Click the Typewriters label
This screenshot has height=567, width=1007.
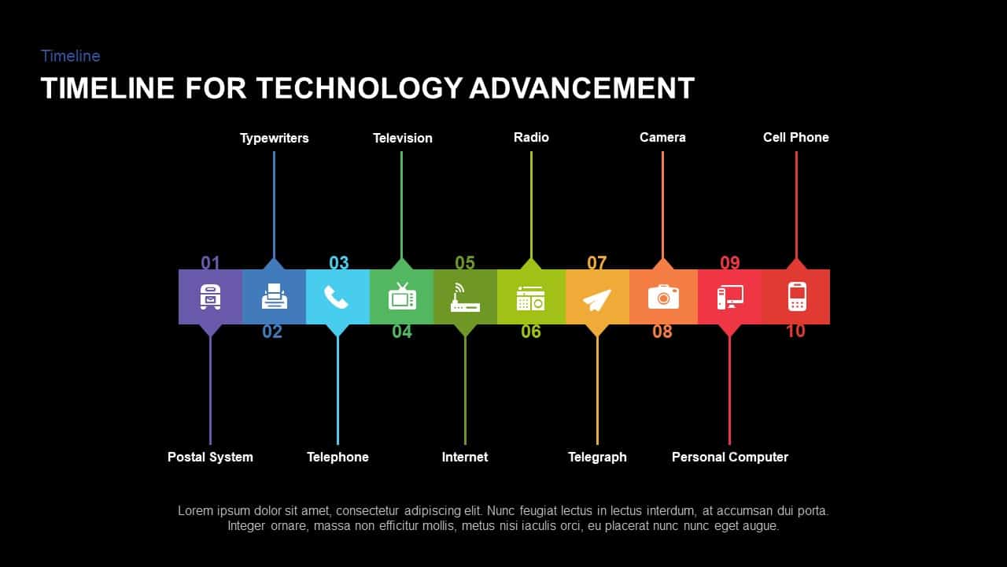[274, 138]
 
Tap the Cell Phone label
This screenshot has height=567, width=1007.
[795, 137]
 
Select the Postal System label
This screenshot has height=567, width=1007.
[210, 457]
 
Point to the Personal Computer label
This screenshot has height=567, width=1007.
[729, 457]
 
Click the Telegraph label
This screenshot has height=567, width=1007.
[597, 457]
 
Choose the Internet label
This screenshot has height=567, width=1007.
[464, 457]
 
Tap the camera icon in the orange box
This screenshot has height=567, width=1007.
[663, 297]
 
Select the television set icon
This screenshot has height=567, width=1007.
[402, 296]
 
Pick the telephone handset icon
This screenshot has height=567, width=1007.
[336, 297]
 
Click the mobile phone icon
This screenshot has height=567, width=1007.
[797, 296]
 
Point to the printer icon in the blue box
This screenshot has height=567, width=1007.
[274, 297]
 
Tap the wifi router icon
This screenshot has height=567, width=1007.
[465, 298]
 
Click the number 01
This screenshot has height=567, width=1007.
[210, 263]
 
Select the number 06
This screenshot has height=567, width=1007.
[531, 332]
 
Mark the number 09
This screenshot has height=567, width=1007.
[729, 263]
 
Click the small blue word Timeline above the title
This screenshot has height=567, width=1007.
[71, 56]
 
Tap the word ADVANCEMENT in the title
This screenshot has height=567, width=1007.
[581, 88]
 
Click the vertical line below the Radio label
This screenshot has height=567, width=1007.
[531, 205]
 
